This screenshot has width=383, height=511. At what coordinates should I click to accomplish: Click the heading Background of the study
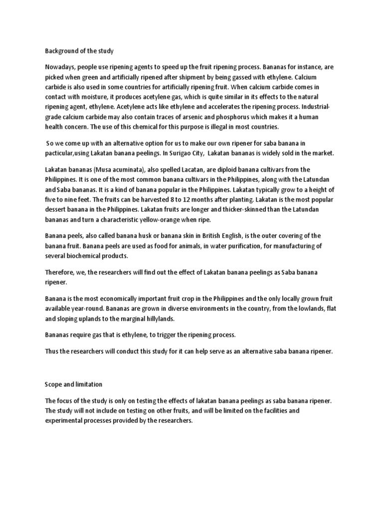click(79, 50)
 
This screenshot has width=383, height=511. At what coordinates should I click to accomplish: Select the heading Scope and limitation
click(74, 385)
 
